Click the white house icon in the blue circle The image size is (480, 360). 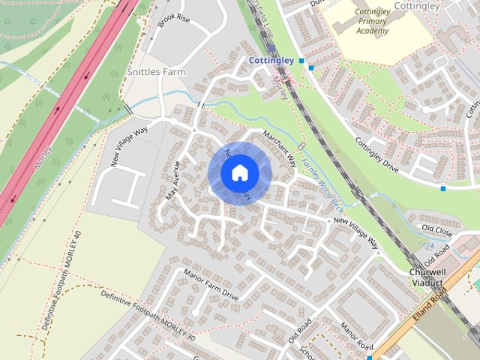click(239, 173)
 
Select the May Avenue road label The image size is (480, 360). click(173, 181)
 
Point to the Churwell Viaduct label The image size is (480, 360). click(428, 277)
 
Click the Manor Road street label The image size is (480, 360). click(355, 336)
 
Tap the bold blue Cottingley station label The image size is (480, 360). click(271, 59)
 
